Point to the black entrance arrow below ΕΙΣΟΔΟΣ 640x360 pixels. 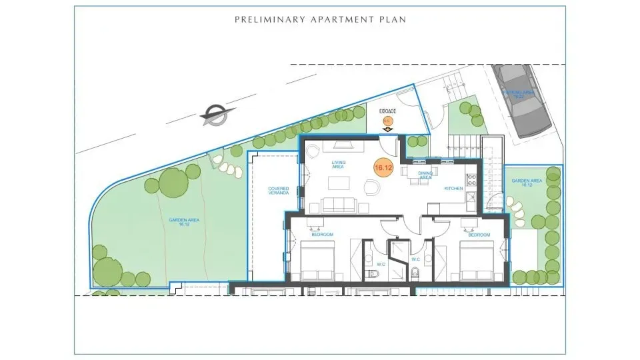coord(387,129)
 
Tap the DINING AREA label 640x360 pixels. coord(425,175)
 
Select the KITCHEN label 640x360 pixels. coord(454,189)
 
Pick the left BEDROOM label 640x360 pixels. coord(322,235)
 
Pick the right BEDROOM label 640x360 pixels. coord(479,235)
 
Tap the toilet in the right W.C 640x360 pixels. coord(415,273)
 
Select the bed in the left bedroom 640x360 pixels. coord(317,265)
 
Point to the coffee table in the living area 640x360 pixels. coord(339,181)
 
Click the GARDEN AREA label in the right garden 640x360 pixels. coord(527,183)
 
